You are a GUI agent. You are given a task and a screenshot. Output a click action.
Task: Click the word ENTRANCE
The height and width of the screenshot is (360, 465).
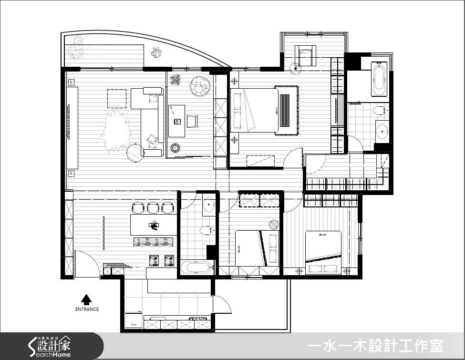(x=87, y=309)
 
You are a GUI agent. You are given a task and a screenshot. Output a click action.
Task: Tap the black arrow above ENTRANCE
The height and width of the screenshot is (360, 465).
(x=86, y=299)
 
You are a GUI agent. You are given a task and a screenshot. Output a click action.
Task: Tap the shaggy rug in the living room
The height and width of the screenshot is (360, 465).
(x=115, y=134)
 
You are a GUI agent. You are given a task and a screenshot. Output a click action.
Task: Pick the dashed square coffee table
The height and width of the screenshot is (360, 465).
(x=116, y=99)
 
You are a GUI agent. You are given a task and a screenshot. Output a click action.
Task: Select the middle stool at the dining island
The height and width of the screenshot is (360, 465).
(x=153, y=208)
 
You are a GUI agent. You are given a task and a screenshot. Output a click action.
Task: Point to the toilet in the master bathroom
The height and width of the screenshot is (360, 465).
(x=380, y=111)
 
